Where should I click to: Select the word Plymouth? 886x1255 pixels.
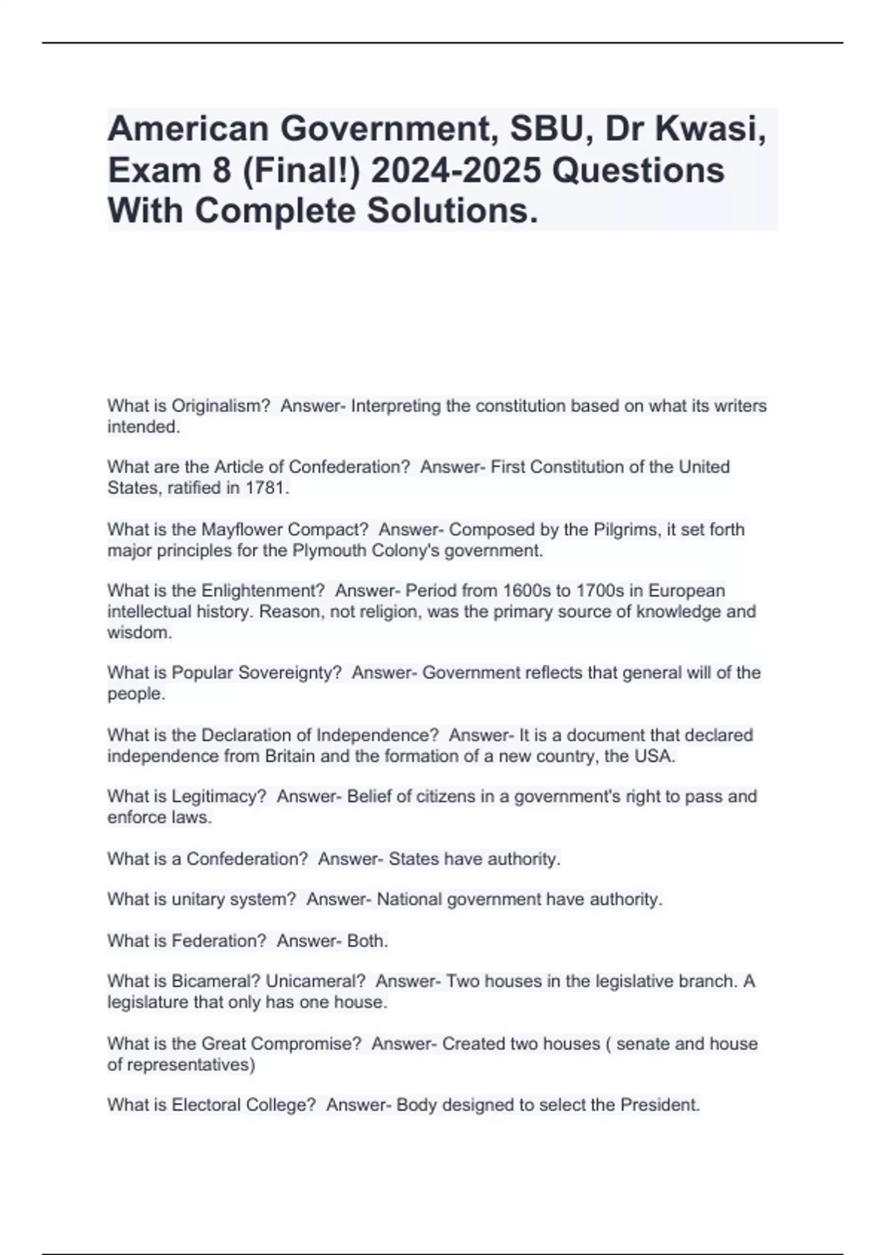pyautogui.click(x=334, y=551)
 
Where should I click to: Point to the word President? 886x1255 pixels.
pyautogui.click(x=659, y=1105)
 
